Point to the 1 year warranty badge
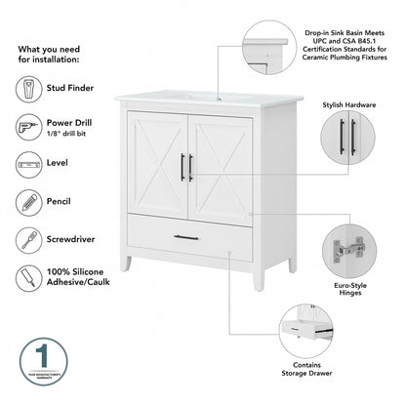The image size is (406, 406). click(x=35, y=360)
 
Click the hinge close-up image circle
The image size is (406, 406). click(x=348, y=251)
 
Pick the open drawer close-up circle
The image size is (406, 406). click(x=310, y=330)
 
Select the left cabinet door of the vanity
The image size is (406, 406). click(x=157, y=164)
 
